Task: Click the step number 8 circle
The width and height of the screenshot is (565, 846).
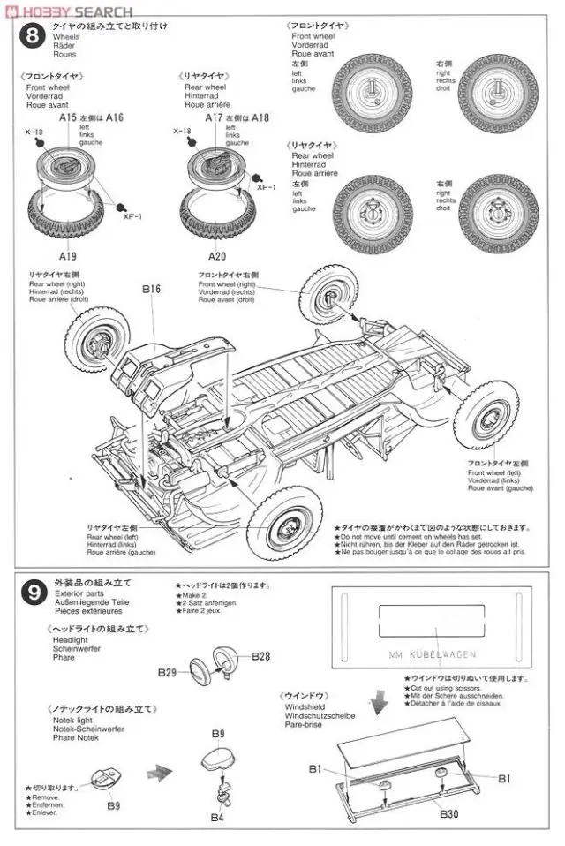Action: [33, 38]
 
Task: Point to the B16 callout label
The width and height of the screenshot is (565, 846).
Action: [151, 288]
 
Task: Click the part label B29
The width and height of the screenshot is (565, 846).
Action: [168, 672]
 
